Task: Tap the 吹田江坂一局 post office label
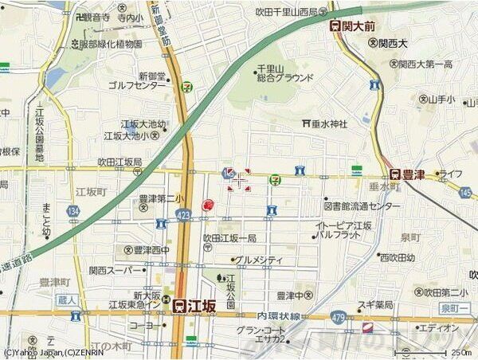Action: pyautogui.click(x=230, y=238)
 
